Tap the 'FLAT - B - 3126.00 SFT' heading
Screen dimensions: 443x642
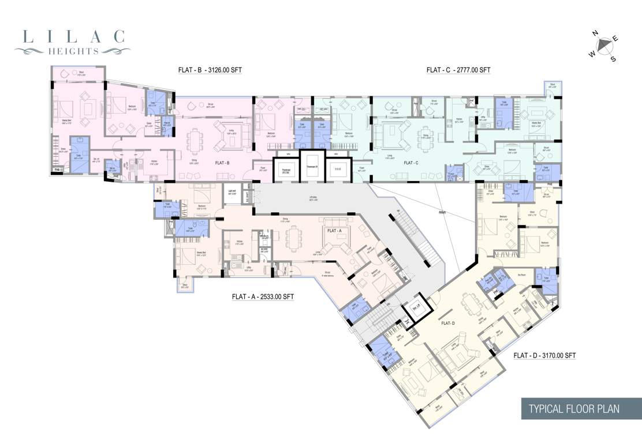(210, 70)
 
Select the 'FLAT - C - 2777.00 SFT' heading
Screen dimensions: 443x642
(458, 70)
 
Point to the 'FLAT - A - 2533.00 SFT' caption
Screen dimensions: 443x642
(263, 297)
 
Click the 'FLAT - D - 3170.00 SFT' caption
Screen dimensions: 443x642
(544, 355)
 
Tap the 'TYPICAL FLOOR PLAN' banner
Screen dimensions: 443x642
(574, 408)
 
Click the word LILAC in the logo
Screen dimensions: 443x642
(73, 37)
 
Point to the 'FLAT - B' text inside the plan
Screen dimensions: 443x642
(222, 163)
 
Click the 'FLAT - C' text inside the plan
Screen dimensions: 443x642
(411, 163)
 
